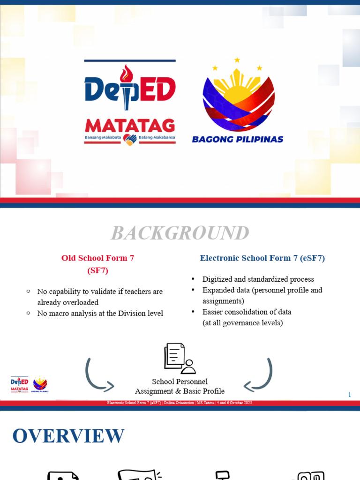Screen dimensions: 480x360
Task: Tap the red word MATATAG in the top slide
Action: pos(130,126)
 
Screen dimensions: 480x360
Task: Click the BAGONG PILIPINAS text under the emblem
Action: pos(238,139)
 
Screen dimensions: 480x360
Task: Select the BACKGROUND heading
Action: pos(180,233)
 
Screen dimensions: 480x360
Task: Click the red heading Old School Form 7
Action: pos(97,258)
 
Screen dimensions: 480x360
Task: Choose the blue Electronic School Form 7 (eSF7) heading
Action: pos(262,258)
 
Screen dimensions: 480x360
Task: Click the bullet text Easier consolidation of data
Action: pos(247,312)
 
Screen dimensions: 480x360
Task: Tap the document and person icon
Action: pos(180,359)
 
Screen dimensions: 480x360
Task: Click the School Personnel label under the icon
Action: pos(180,382)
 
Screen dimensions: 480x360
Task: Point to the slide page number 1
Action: pos(349,395)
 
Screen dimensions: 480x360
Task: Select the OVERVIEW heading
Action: pos(68,436)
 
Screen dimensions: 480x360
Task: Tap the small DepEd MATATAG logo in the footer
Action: pos(19,384)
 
